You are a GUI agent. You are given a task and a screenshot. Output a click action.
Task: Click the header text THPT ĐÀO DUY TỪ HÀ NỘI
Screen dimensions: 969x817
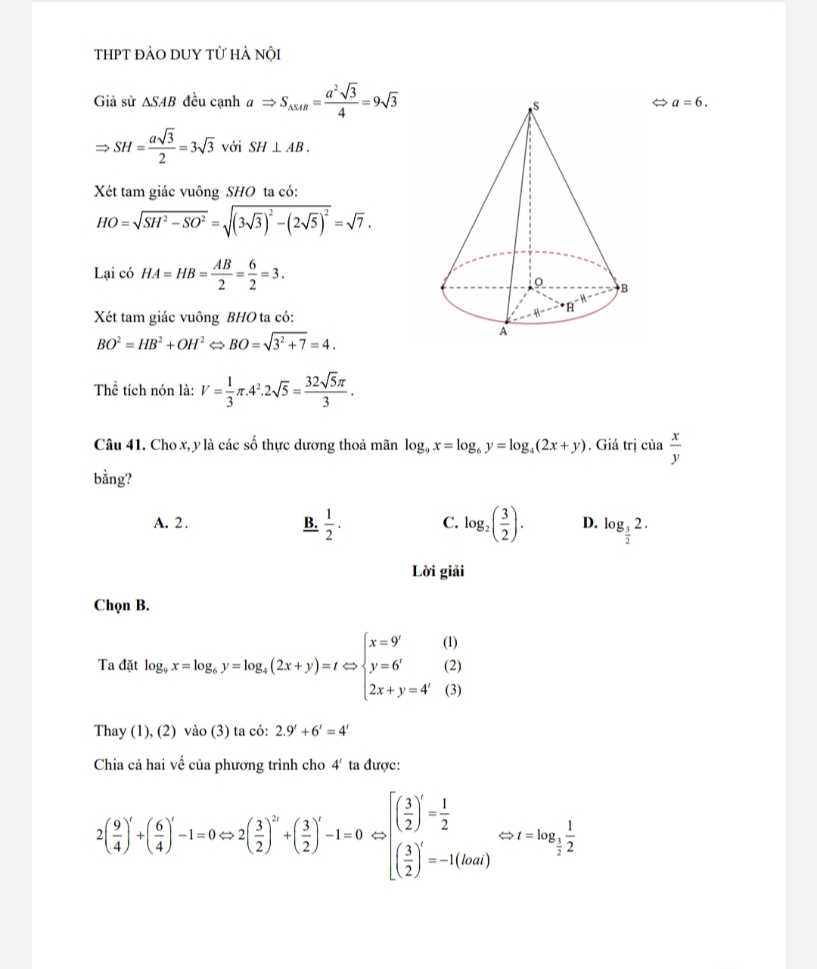187,54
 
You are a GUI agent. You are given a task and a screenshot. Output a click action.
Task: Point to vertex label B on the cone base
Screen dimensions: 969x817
625,288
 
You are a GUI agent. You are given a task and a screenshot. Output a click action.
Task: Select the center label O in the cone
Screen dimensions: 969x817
538,280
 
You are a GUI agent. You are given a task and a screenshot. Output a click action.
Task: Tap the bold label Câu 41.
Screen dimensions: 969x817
120,444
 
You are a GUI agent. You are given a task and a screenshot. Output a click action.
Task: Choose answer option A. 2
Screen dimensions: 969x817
170,522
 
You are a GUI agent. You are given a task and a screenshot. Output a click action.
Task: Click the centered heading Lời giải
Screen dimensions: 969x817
438,571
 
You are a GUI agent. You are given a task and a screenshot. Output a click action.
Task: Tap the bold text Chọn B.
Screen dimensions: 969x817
122,605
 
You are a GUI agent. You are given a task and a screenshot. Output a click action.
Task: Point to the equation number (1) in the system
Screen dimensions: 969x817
450,644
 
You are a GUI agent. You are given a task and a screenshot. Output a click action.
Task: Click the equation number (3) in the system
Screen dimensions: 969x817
453,690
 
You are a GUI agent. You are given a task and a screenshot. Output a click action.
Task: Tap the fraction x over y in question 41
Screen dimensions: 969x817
675,446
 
